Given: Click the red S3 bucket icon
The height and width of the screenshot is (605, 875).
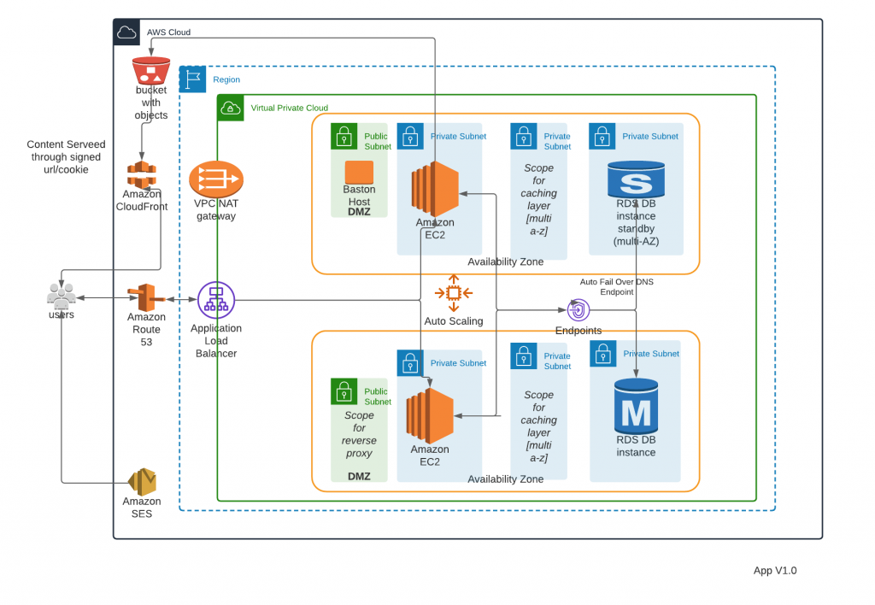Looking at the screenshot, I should (150, 70).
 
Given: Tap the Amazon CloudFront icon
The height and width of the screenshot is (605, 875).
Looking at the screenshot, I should (142, 174).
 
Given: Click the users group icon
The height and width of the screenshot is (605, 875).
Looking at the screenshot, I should (61, 297).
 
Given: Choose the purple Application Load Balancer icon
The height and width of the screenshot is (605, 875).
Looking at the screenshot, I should (215, 301).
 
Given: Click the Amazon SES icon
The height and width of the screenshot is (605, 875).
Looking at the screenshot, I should (142, 482).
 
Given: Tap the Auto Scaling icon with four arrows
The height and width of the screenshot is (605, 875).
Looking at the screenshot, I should (453, 293).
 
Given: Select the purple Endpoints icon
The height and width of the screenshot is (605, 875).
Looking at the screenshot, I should (578, 309).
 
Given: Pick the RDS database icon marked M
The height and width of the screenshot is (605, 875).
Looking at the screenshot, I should (636, 408).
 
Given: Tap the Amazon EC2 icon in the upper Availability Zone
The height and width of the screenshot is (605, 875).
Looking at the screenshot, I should (434, 189).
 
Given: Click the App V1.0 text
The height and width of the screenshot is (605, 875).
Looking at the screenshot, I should (775, 571).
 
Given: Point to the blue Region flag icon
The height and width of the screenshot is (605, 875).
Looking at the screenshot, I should (192, 79).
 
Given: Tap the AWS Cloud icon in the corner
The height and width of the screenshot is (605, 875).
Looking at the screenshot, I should (126, 32).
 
